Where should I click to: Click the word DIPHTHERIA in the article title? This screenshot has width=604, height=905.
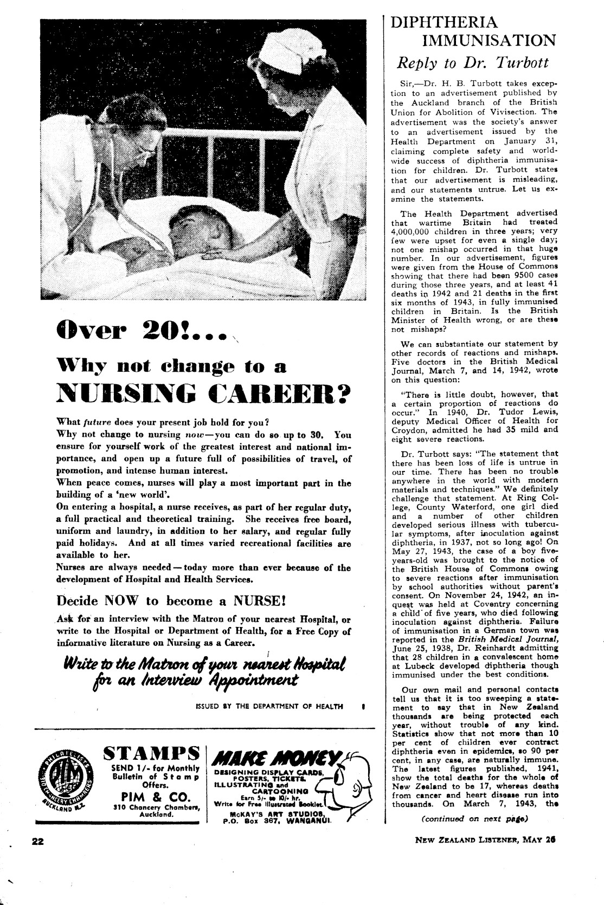(444, 22)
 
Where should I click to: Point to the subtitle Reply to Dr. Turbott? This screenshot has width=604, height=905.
(473, 62)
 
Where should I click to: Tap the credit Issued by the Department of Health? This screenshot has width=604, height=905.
(269, 706)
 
